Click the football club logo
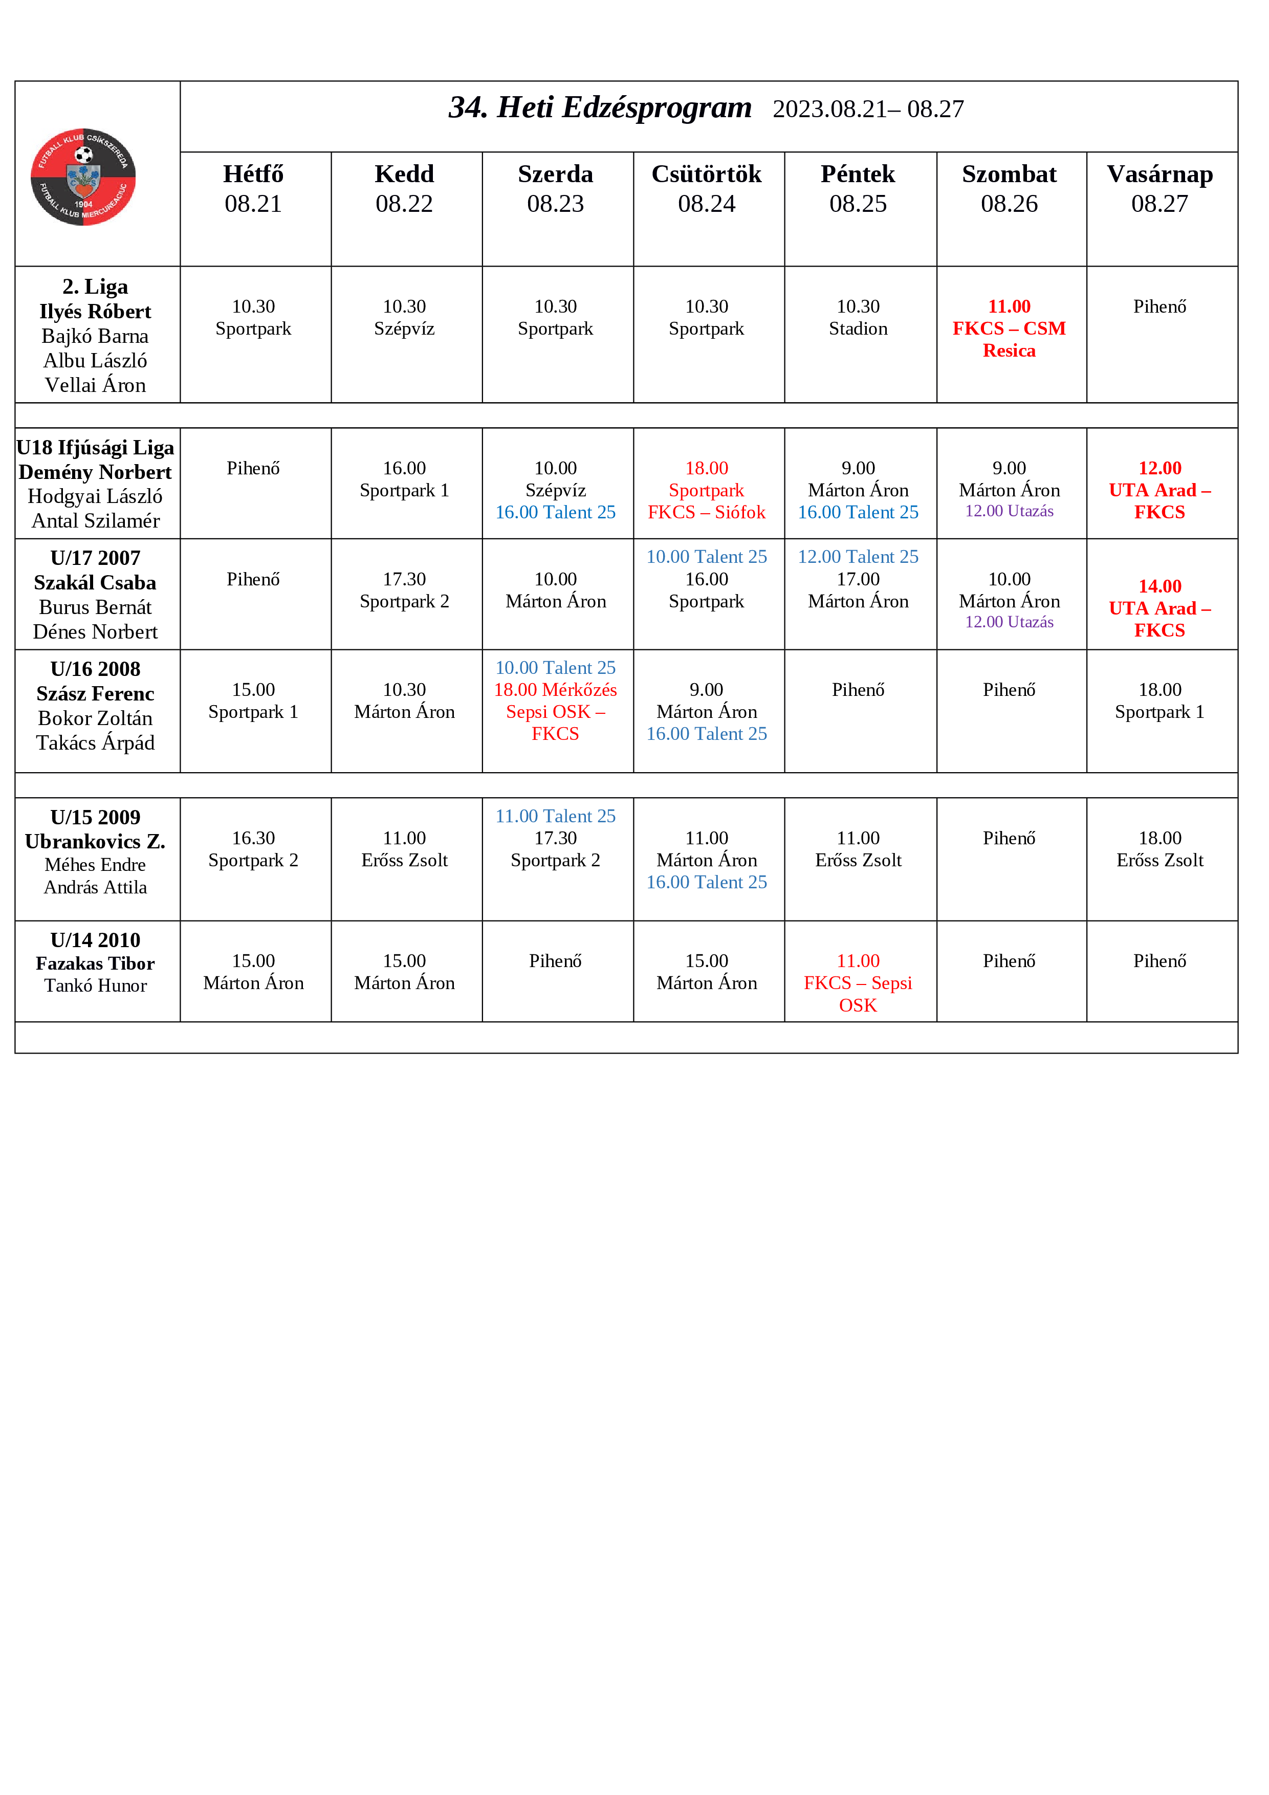[x=83, y=177]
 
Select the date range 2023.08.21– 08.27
[x=868, y=110]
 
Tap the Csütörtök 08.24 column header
[x=706, y=188]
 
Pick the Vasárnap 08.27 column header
[x=1159, y=188]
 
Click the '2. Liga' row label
[x=95, y=287]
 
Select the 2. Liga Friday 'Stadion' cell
[x=858, y=329]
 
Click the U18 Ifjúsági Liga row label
[x=95, y=448]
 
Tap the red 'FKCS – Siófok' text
[x=706, y=512]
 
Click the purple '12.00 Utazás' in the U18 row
[x=1009, y=511]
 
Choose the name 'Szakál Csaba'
[x=95, y=583]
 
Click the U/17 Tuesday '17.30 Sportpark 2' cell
[x=404, y=590]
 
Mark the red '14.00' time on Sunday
[x=1159, y=586]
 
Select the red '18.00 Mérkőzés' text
[x=555, y=690]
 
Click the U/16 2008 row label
[x=95, y=669]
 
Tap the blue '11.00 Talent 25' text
[x=555, y=816]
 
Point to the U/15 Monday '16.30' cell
[x=253, y=838]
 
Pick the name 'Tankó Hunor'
[x=95, y=986]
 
